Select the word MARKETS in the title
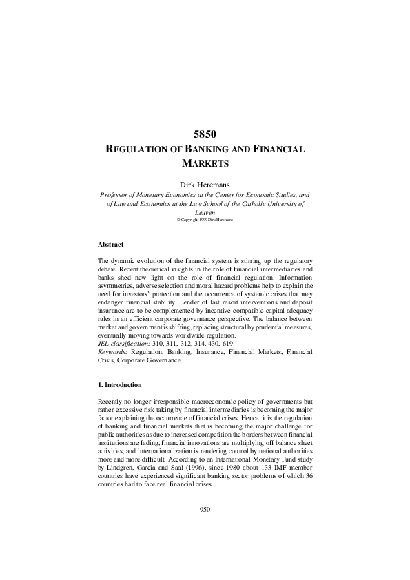(205, 163)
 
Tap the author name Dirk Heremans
(205, 184)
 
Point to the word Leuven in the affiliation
(205, 213)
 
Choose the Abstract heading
(111, 244)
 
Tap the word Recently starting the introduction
(112, 400)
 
